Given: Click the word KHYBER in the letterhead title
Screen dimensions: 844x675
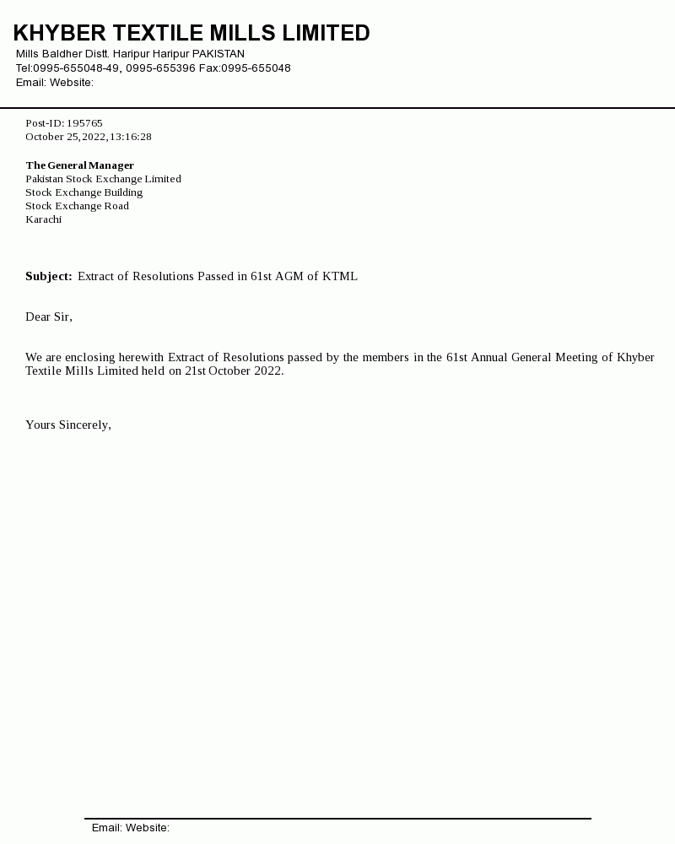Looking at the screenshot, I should tap(59, 33).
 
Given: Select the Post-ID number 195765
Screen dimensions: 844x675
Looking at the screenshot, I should tap(84, 123).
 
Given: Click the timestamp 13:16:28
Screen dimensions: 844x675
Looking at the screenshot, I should tap(131, 137).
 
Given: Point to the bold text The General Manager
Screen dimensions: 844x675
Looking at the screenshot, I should tap(79, 165).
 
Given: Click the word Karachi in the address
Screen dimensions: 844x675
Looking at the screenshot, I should tap(43, 219).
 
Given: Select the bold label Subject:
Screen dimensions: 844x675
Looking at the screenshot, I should tap(48, 276).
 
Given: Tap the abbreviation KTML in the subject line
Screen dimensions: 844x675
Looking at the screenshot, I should tap(340, 276).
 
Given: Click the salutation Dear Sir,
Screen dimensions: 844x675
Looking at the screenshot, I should tap(49, 316).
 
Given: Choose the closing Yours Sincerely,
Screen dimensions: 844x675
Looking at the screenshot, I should tap(68, 425).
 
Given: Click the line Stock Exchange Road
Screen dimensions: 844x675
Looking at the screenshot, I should tap(77, 206).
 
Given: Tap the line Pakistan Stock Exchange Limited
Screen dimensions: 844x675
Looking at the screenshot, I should tap(103, 179).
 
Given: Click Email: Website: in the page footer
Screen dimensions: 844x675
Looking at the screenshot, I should tap(131, 828).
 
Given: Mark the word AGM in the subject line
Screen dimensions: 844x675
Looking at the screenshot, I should tap(289, 276).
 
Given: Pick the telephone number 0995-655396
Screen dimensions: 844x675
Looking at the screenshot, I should tap(160, 68).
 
